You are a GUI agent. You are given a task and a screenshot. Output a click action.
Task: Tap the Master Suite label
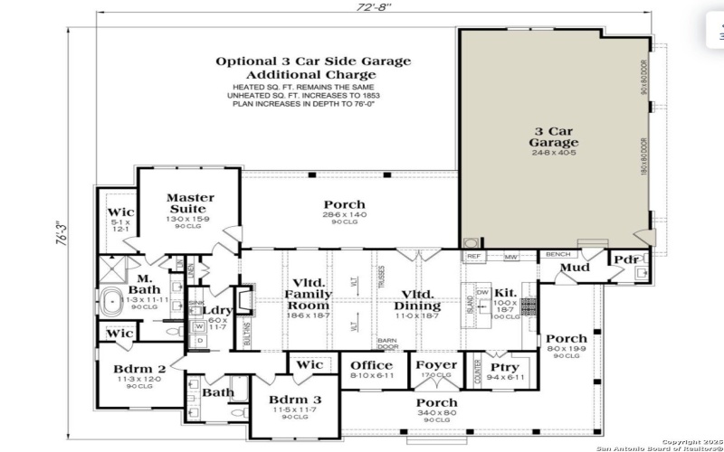tap(190, 203)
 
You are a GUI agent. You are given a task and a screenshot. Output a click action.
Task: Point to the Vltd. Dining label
tap(416, 300)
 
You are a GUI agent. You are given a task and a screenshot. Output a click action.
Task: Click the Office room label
tap(371, 366)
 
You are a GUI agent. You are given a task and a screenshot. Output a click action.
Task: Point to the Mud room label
tap(575, 267)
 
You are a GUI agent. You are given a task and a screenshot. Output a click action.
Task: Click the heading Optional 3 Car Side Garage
tap(312, 61)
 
